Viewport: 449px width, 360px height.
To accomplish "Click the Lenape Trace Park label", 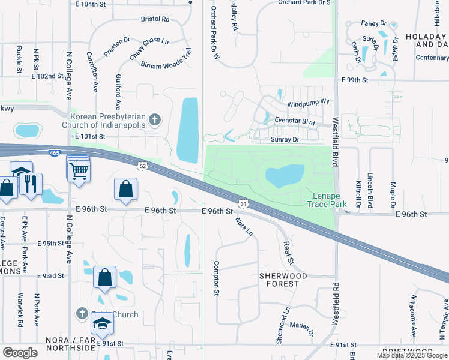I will click(327, 200).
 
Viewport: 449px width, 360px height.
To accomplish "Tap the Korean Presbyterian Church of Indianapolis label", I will click(109, 121).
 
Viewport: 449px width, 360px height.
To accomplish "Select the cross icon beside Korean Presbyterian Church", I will click(154, 120).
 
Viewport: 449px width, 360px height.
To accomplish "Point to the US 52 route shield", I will click(141, 166).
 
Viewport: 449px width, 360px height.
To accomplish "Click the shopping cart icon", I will click(79, 172).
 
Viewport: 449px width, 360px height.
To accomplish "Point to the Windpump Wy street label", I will click(309, 102).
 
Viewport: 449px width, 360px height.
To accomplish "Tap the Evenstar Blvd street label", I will click(294, 121).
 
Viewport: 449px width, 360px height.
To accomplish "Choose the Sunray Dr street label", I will click(285, 139).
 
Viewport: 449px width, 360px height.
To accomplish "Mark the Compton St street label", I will click(216, 278).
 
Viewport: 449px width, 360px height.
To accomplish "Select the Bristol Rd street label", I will click(155, 19).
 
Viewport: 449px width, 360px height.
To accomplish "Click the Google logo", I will click(20, 353).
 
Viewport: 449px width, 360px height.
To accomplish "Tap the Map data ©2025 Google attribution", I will click(411, 355).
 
